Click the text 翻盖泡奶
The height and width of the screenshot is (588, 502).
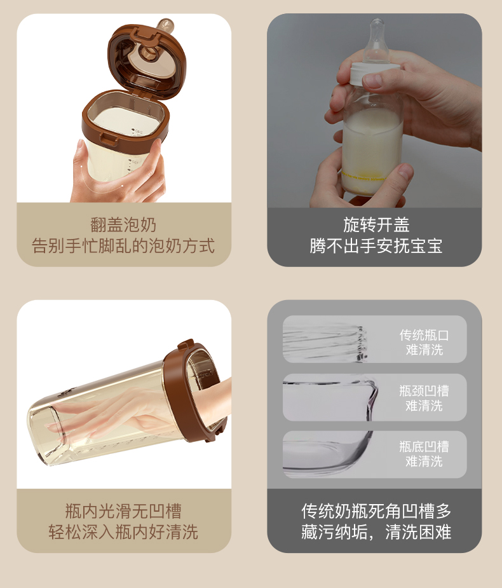pos(123,225)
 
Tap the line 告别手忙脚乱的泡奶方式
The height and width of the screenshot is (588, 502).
pos(123,246)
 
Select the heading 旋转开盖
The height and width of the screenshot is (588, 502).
pos(376,225)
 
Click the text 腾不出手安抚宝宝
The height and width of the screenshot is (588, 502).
pos(376,246)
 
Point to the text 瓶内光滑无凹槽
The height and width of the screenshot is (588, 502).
pos(123,510)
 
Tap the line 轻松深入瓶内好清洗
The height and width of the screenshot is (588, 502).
pos(123,532)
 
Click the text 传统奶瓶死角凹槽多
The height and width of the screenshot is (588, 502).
pos(376,510)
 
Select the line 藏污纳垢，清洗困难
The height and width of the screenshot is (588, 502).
pos(376,532)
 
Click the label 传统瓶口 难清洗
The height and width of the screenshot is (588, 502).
pos(424,343)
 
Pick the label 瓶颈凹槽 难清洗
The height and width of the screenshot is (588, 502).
pos(424,398)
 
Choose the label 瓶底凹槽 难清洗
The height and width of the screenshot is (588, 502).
pos(424,454)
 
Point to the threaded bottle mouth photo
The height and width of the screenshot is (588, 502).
pos(325,339)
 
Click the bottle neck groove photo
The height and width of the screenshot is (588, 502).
pos(330,397)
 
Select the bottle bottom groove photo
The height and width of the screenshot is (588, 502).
pos(329,455)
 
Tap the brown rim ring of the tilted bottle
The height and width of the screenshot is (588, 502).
pos(195,390)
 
